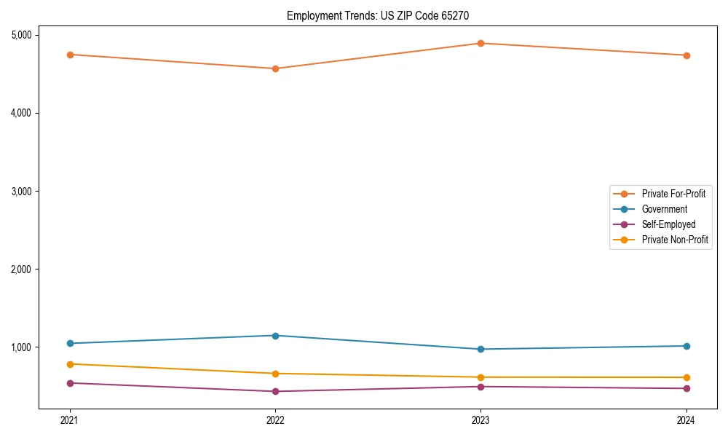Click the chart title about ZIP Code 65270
(x=384, y=15)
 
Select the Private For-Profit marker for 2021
(x=70, y=55)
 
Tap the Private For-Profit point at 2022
(x=275, y=68)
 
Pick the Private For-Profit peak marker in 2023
(x=480, y=43)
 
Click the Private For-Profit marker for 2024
(x=687, y=55)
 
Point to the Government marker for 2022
(x=275, y=336)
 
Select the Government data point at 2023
(x=480, y=349)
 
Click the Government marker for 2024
(x=687, y=346)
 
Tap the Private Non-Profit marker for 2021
(x=70, y=364)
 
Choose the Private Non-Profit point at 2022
(x=275, y=374)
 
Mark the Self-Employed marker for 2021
(x=70, y=383)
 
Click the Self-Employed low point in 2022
(x=275, y=391)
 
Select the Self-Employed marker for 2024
(x=687, y=388)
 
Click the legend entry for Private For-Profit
(x=673, y=194)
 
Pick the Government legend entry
(x=664, y=209)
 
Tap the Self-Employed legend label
(x=668, y=224)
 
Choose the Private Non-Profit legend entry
(x=675, y=240)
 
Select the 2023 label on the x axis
(x=480, y=420)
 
